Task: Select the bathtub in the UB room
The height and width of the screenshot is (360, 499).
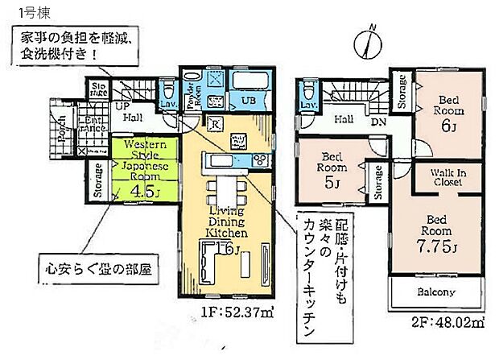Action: click(244, 82)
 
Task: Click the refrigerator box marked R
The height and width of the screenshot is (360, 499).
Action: click(215, 123)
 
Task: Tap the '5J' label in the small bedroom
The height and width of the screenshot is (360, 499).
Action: click(330, 182)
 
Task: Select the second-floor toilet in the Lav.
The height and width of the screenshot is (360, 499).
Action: click(307, 90)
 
